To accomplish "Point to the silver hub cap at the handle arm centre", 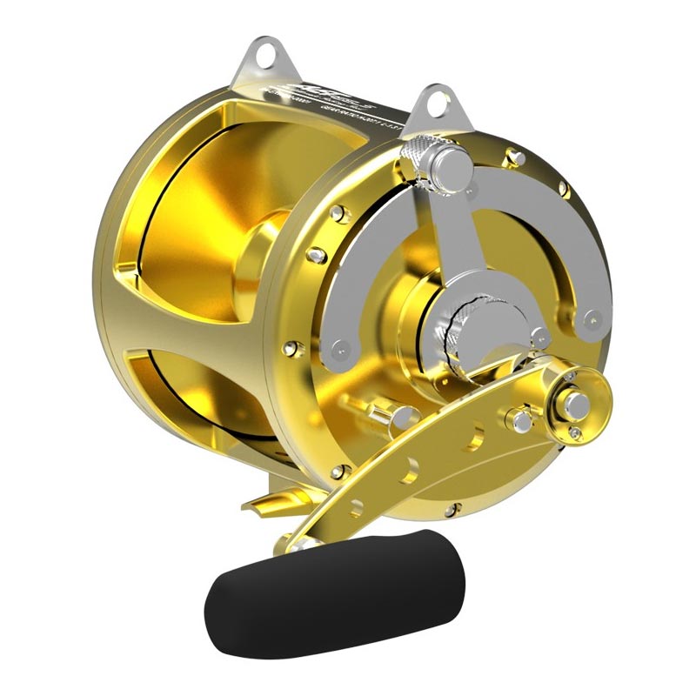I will (575, 401).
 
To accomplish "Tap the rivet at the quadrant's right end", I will (592, 317).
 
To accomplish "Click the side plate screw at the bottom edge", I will (450, 512).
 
